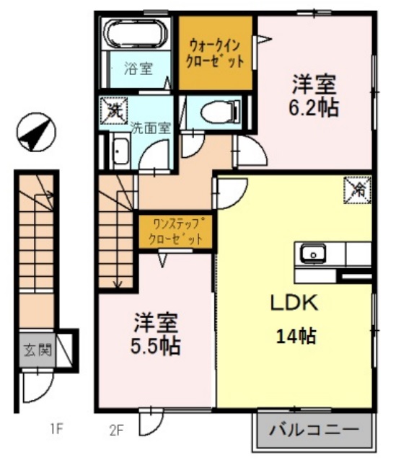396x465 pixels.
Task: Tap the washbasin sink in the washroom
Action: coord(120,153)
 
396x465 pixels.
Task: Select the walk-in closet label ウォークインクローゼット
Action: coord(215,53)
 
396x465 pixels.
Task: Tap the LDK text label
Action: coord(294,304)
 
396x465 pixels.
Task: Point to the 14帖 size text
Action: coord(296,335)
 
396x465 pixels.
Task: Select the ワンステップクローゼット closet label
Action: coord(175,231)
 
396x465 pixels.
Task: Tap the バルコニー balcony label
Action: coord(314,432)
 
